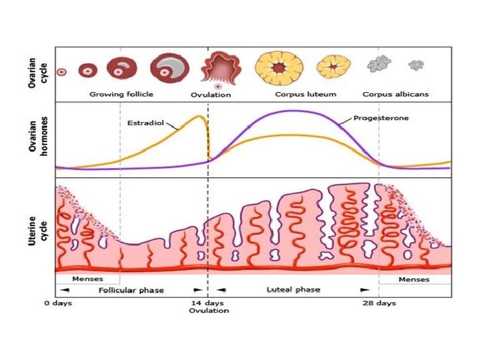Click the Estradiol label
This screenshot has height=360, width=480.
[146, 123]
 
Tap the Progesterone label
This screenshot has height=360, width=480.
[381, 119]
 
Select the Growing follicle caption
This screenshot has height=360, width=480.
[121, 94]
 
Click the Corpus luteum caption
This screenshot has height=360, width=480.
[305, 94]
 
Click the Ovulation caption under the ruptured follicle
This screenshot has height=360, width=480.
[211, 95]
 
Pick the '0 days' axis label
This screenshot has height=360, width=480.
[58, 303]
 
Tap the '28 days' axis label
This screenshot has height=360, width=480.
[379, 303]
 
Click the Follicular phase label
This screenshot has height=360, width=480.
[131, 290]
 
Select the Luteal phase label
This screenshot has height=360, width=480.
[293, 290]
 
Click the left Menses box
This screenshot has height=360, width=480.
[87, 279]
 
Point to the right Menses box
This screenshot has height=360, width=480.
[414, 279]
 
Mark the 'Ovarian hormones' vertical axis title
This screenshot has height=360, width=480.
[40, 138]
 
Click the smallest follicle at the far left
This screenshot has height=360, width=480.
[62, 71]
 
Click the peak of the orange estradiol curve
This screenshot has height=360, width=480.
[199, 117]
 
